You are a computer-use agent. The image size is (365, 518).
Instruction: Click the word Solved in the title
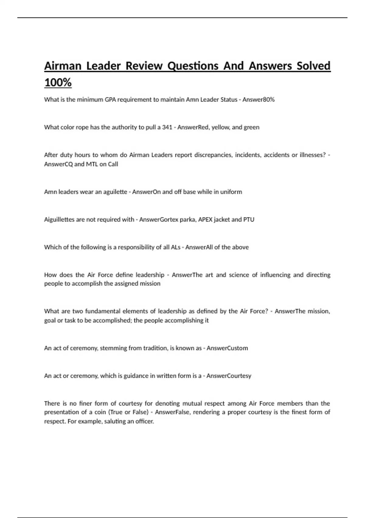[313, 66]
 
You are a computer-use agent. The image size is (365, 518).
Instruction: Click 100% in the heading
[58, 83]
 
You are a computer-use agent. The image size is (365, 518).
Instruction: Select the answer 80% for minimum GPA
[268, 100]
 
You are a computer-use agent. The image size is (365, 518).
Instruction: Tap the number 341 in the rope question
[167, 127]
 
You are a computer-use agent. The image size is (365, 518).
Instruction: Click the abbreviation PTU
[249, 220]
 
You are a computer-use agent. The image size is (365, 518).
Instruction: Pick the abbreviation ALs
[176, 247]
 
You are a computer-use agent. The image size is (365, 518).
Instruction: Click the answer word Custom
[236, 348]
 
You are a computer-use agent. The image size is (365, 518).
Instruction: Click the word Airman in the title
[63, 66]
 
